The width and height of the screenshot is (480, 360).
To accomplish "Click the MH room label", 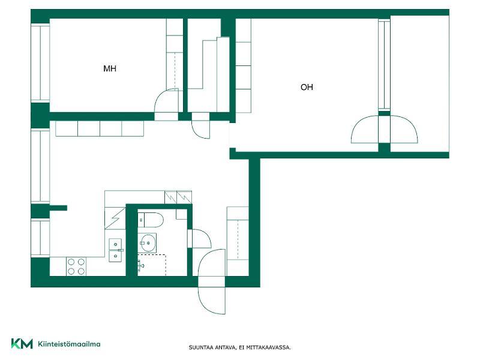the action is click(x=110, y=68).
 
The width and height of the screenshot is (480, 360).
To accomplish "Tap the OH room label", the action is click(x=307, y=87).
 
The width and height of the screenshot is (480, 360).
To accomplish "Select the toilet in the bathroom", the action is click(x=151, y=220).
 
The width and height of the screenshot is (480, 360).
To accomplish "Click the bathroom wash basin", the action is click(x=147, y=243).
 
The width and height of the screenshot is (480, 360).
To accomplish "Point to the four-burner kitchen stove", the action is click(x=77, y=266).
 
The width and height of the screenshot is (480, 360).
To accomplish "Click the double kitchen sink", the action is click(x=116, y=250).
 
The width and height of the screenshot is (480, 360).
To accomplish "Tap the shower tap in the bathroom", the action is click(x=140, y=266).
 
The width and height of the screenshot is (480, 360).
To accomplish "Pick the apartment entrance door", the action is click(x=212, y=281).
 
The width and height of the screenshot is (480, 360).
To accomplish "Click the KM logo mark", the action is click(x=22, y=344).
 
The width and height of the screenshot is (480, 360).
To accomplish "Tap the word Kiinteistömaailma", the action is click(x=69, y=344).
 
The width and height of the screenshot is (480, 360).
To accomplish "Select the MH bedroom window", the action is click(x=40, y=63).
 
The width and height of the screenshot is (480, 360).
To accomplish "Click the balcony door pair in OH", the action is click(x=384, y=129).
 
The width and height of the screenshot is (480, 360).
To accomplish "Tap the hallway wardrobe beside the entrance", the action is click(x=238, y=233).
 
